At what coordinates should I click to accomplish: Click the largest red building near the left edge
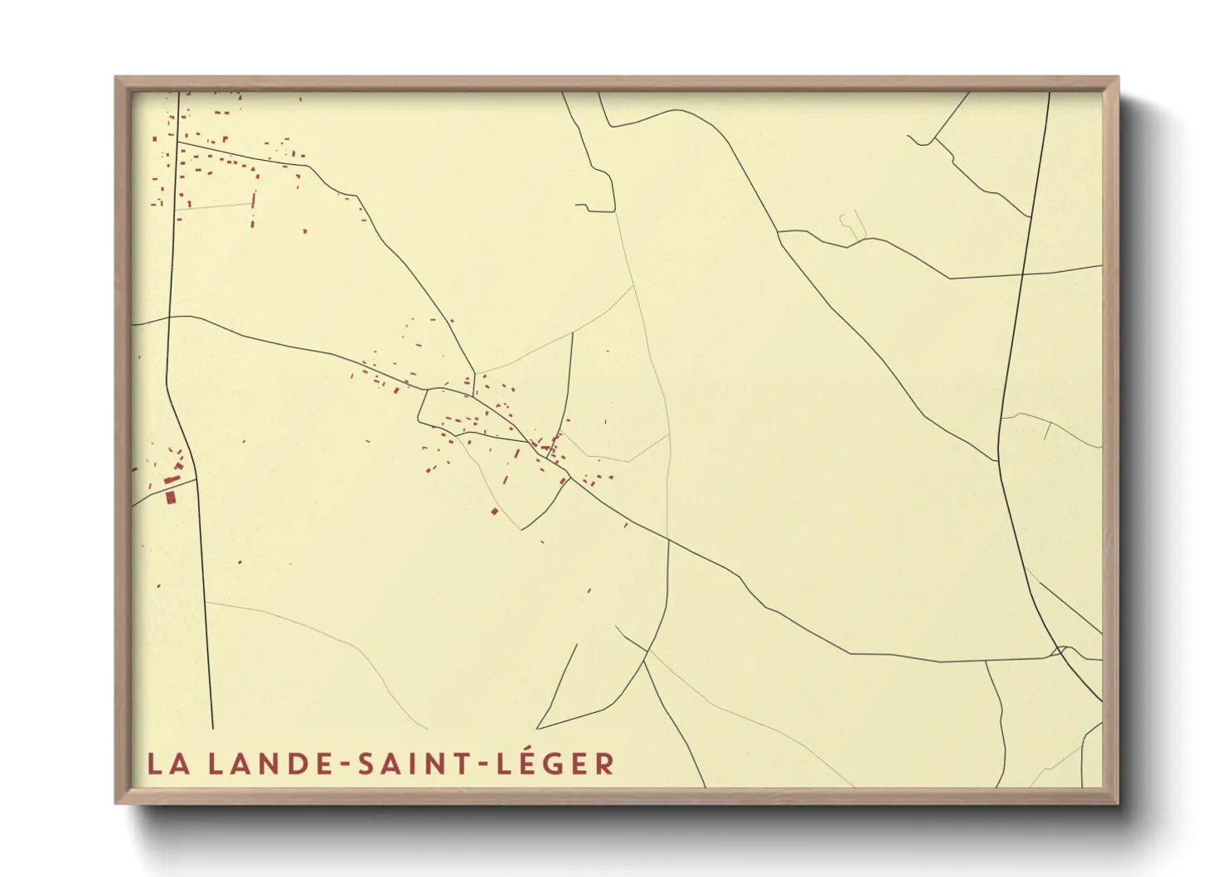click(x=172, y=497)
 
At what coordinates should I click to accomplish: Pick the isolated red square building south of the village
click(x=495, y=511)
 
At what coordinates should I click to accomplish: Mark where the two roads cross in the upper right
click(x=1022, y=273)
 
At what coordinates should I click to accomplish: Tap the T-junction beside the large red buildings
click(x=196, y=479)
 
